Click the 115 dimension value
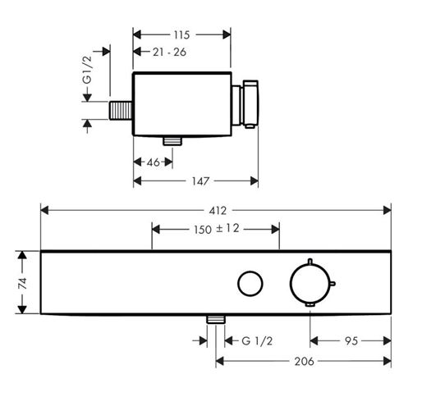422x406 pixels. (181, 35)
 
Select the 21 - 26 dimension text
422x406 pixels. (169, 52)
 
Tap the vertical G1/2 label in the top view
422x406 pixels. (87, 70)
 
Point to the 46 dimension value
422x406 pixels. (154, 162)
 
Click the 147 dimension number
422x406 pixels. (200, 181)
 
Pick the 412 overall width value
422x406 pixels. (218, 211)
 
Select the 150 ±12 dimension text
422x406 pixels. (217, 229)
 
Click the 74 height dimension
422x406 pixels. (22, 283)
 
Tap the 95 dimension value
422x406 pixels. (351, 341)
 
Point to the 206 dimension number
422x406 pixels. (304, 362)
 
